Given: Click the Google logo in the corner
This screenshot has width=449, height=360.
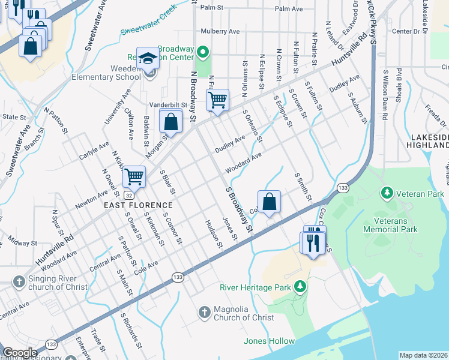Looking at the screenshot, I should click(x=19, y=353).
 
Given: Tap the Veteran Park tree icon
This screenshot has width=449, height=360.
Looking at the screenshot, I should click(x=387, y=193).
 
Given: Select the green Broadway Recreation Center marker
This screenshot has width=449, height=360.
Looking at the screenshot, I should click(x=202, y=52).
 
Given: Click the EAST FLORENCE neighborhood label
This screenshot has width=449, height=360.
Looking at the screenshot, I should click(x=134, y=205).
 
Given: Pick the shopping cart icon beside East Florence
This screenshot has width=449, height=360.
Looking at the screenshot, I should click(x=134, y=176).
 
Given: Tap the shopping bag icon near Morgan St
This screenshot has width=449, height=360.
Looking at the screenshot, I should click(x=171, y=122).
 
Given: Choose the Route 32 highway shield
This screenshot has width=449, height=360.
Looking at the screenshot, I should click(x=128, y=194).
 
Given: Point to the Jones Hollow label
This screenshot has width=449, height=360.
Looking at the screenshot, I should click(x=269, y=341).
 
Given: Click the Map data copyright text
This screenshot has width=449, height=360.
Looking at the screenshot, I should click(x=423, y=355).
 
